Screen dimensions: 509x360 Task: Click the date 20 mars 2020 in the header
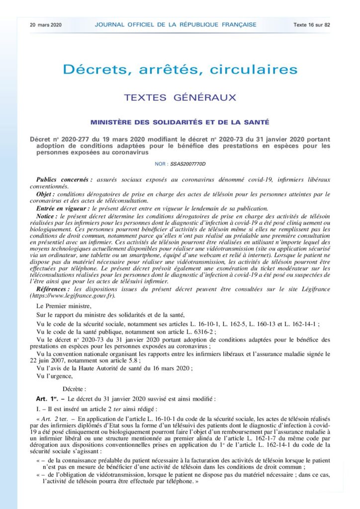pyautogui.click(x=46, y=24)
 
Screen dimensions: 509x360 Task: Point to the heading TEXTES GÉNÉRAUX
pyautogui.click(x=180, y=97)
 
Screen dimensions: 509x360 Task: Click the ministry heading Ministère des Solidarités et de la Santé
pyautogui.click(x=180, y=122)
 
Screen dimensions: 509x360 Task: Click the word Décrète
pyautogui.click(x=75, y=388)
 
